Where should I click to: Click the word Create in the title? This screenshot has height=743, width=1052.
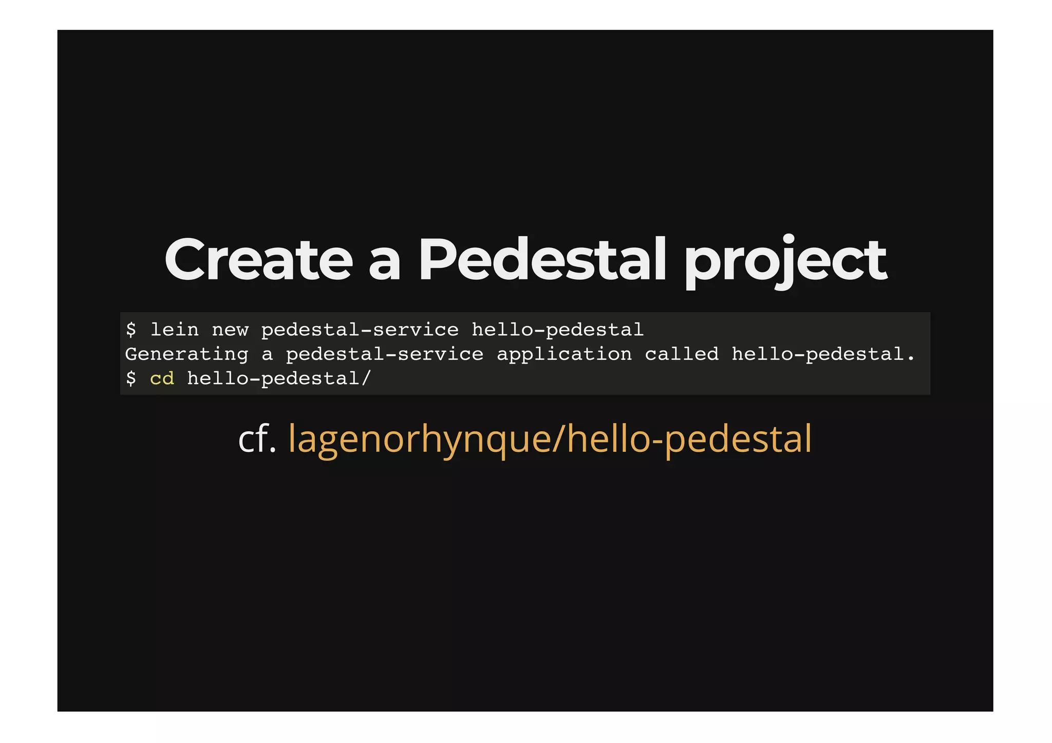258,260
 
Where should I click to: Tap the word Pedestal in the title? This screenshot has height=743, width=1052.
542,260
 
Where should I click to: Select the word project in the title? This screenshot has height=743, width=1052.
786,262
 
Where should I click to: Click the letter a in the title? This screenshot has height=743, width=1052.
384,264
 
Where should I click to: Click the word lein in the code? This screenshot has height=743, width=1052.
174,330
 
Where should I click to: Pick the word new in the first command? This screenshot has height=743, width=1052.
230,330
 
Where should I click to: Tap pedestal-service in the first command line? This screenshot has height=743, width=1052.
360,330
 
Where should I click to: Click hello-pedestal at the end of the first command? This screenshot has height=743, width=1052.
557,330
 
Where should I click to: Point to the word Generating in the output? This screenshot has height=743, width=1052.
186,354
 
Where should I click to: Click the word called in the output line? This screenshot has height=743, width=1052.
682,354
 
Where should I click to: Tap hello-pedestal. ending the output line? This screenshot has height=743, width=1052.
823,354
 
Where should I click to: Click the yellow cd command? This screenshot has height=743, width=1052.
162,379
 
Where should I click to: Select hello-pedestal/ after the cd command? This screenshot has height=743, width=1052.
278,379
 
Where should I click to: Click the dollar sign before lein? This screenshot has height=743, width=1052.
131,330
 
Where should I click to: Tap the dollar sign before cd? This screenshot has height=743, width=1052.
131,379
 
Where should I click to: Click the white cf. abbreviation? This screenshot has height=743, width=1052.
257,439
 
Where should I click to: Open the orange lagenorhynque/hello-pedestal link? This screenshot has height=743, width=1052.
550,440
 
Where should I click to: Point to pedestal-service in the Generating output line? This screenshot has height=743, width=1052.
384,354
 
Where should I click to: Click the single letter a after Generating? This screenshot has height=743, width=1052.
267,354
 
